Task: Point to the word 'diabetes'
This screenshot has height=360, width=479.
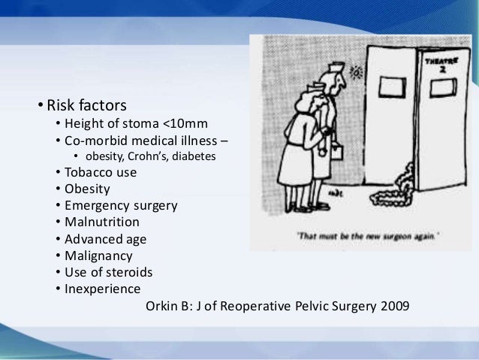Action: [x=195, y=156]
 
